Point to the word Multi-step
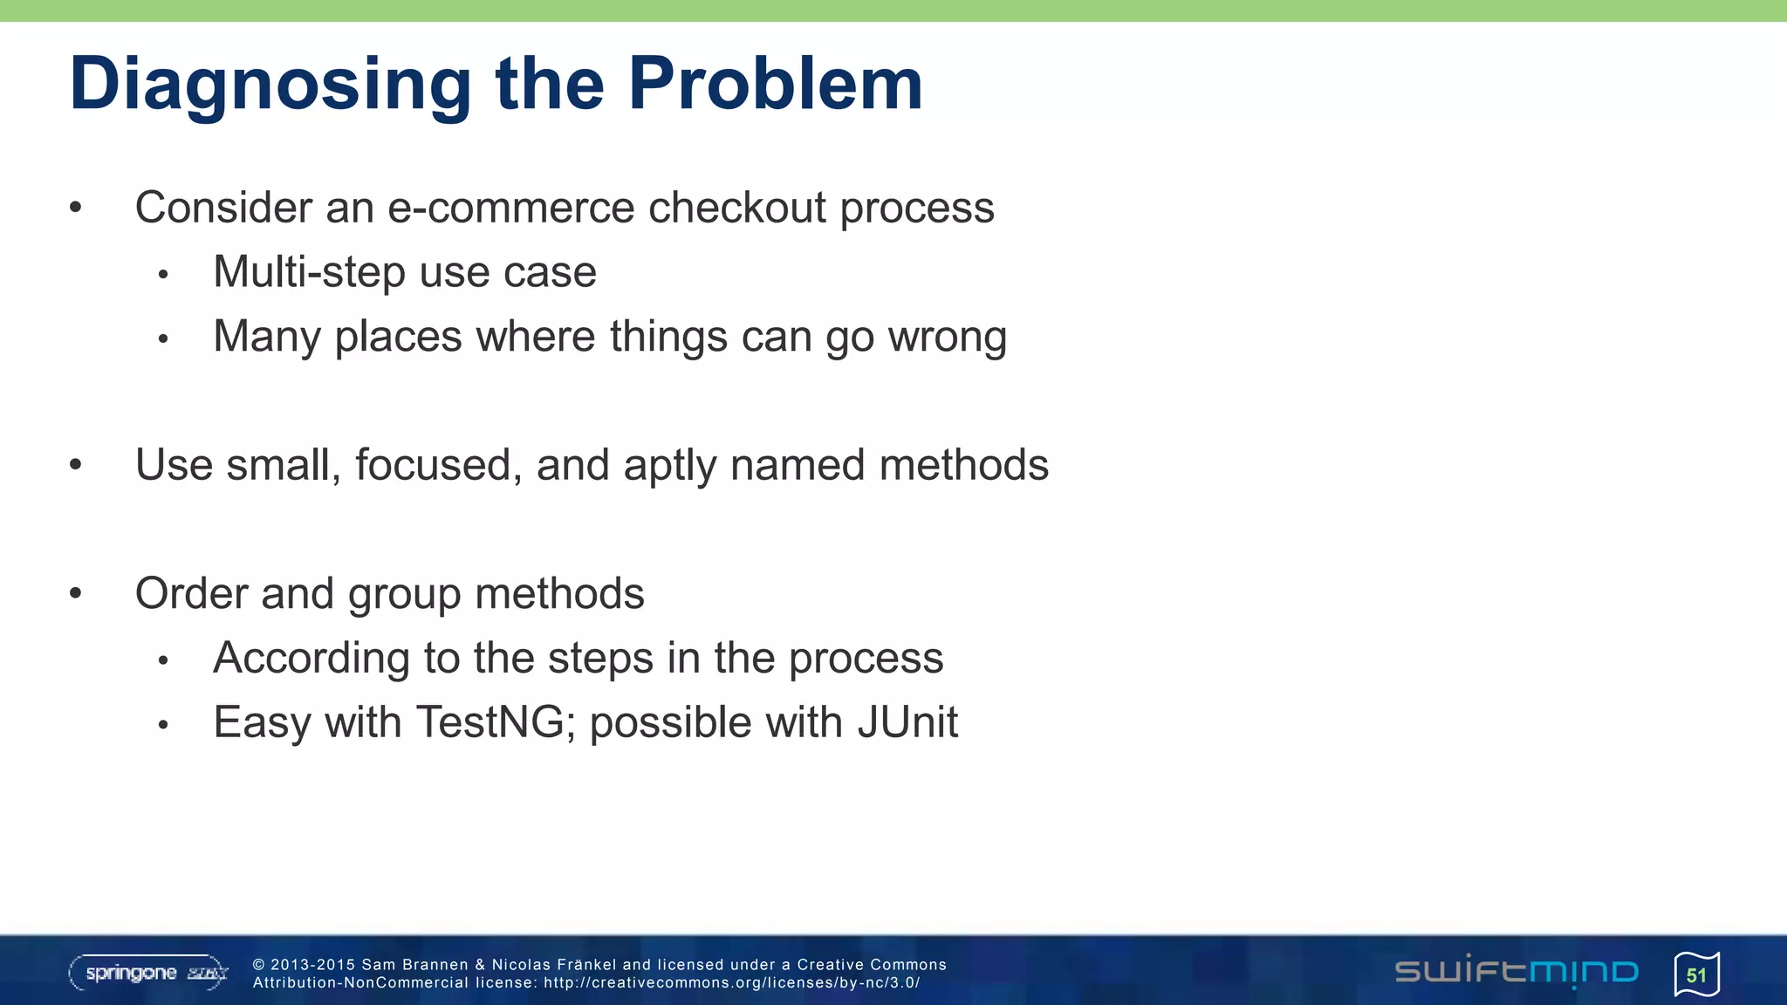(309, 272)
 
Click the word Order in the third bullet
(190, 593)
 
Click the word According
(311, 659)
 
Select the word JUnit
(907, 722)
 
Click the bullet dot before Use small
(76, 465)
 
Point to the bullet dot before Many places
(162, 339)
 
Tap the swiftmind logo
(1516, 972)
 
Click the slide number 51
(1696, 974)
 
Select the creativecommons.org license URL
(731, 982)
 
